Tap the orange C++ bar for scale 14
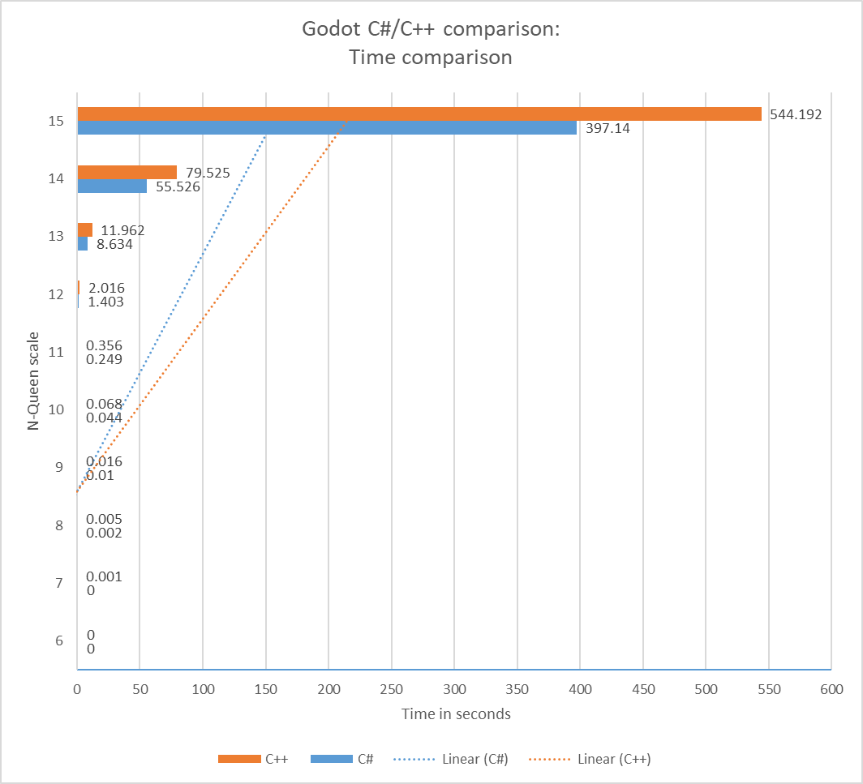[x=127, y=172]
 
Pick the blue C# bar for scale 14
[x=112, y=186]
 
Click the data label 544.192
[x=795, y=114]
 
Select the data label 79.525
[x=208, y=172]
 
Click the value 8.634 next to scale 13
[x=114, y=243]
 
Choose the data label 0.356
[x=104, y=345]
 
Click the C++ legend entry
[x=273, y=760]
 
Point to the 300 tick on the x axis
[x=454, y=690]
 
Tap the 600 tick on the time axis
[x=831, y=690]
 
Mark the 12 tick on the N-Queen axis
[x=56, y=294]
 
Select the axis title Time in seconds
[x=455, y=714]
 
